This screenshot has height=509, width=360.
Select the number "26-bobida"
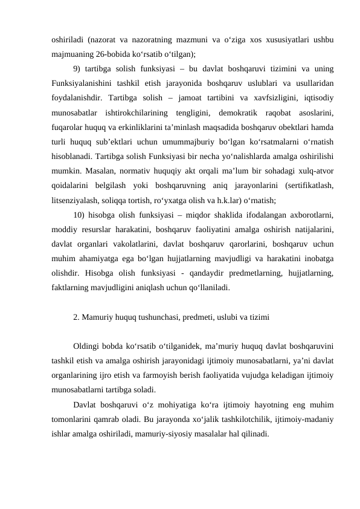(106, 53)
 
